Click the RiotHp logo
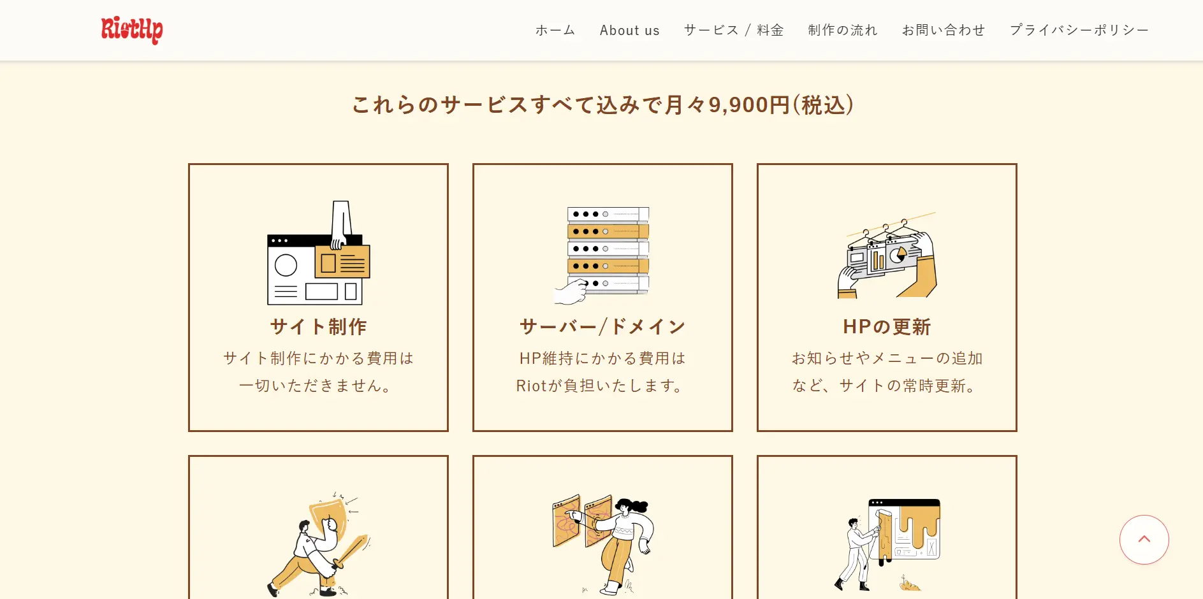[132, 30]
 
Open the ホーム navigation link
[555, 30]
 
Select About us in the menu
[629, 30]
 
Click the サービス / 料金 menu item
[734, 30]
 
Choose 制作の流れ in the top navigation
[843, 30]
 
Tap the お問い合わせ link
[944, 30]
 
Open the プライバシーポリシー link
[1079, 30]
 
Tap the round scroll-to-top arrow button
[1144, 540]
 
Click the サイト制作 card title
[318, 327]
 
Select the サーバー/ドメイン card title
[602, 327]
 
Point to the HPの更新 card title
[887, 327]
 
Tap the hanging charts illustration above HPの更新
[887, 255]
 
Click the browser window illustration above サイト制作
[318, 253]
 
